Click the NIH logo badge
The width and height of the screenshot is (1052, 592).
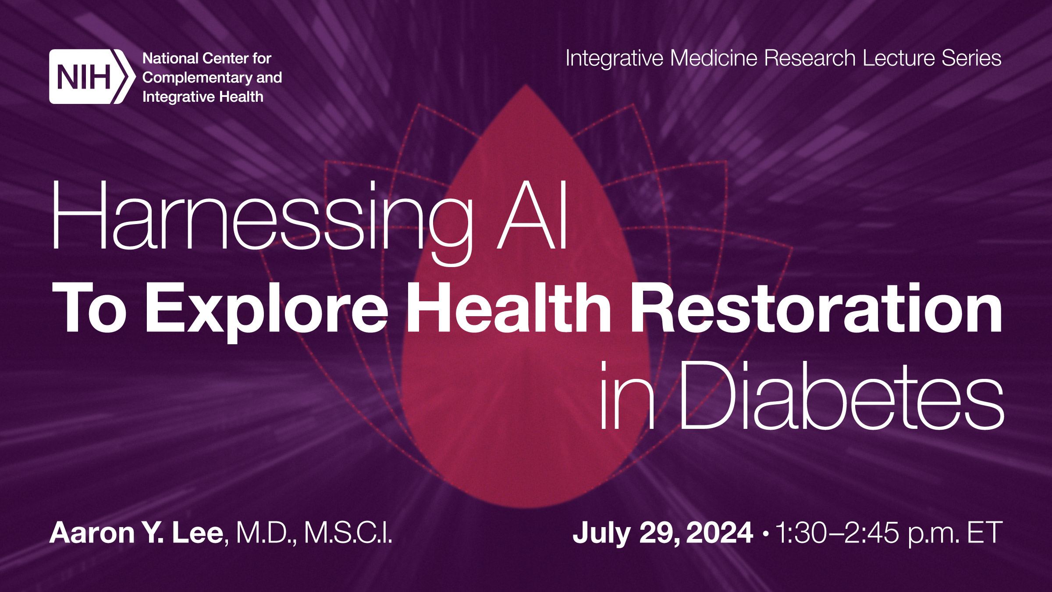point(90,77)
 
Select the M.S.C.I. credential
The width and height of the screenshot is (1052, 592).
point(348,533)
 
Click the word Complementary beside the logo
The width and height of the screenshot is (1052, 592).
point(197,78)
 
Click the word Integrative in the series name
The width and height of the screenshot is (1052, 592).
point(614,58)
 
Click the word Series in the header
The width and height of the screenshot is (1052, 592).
point(971,58)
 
